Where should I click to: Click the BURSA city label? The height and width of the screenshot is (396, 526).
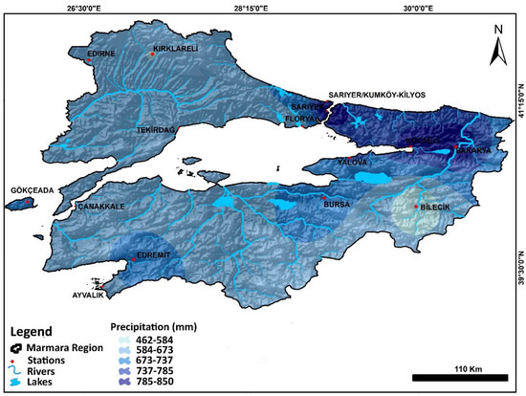338,205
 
